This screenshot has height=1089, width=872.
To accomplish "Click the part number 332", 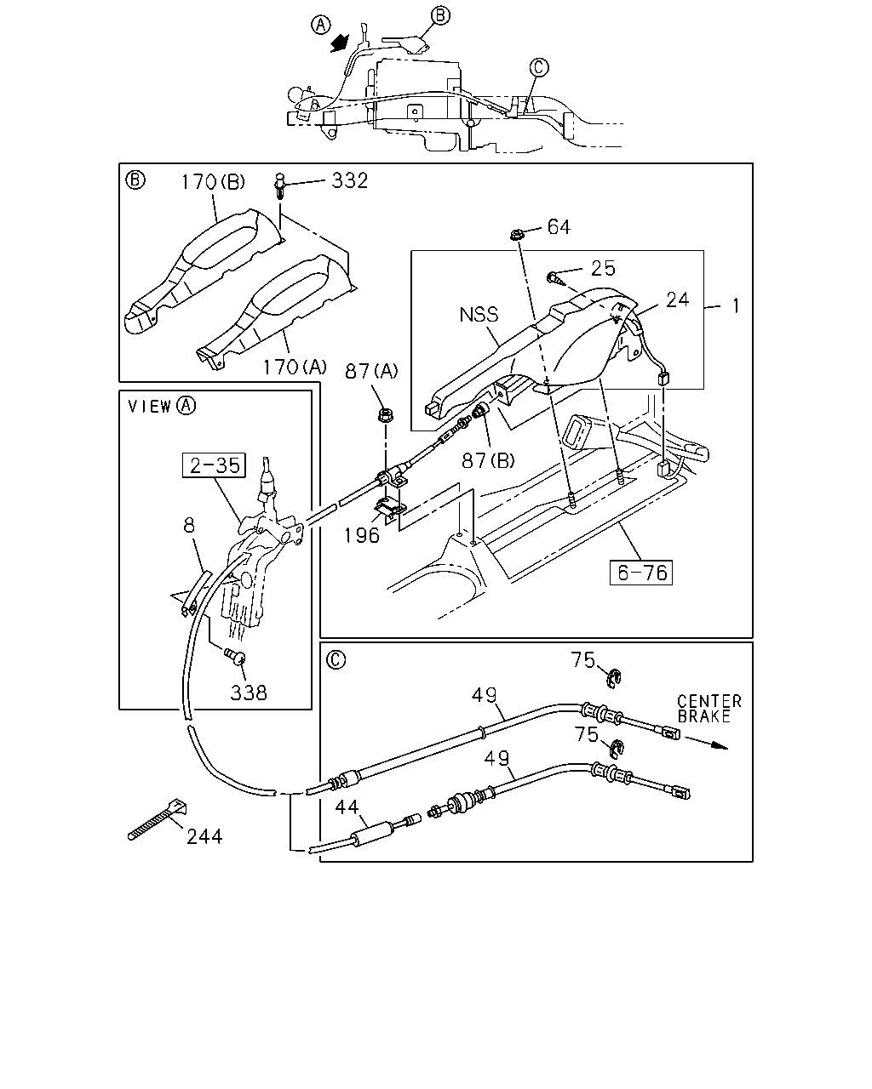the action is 350,180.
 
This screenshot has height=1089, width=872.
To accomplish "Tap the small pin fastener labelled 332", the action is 279,186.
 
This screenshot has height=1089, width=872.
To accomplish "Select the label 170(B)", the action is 213,182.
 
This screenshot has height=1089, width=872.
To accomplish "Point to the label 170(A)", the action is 295,367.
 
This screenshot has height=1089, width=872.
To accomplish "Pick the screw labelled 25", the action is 554,278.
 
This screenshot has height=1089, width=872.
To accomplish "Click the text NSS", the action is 479,315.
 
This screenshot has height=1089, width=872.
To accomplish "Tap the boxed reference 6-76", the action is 641,573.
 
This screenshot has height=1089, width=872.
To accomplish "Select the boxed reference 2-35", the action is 214,465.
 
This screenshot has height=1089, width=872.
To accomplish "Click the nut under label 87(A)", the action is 386,415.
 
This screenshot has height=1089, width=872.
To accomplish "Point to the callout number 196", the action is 362,535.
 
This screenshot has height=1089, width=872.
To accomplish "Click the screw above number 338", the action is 235,656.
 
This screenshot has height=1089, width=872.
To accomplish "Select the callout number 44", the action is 347,807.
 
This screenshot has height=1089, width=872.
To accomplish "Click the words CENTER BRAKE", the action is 709,709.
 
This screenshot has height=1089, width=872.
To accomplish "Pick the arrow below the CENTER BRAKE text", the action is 706,743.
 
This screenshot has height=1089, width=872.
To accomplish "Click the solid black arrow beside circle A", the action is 340,43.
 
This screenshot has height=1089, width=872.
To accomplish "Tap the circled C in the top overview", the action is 539,67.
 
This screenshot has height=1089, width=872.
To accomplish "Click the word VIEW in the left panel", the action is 150,407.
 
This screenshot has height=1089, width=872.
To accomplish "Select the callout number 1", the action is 736,305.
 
